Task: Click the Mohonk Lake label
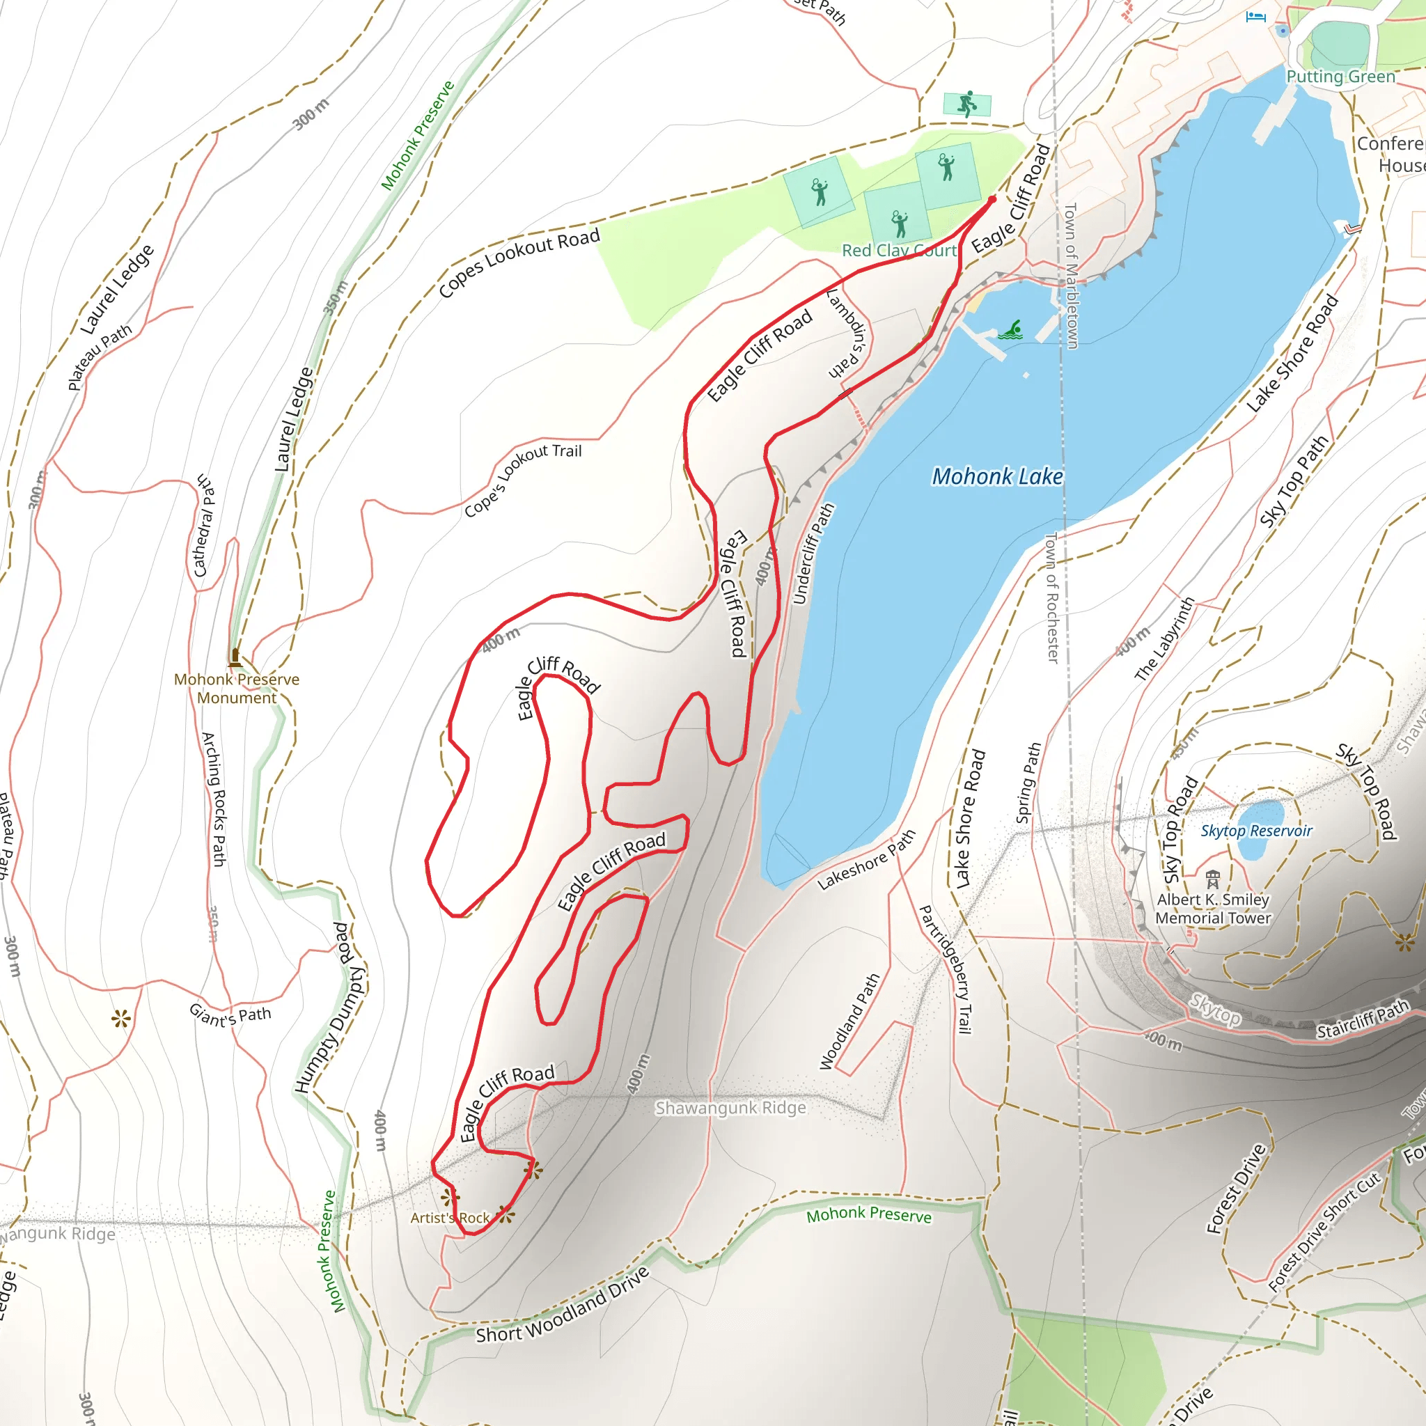point(997,477)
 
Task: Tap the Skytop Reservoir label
point(1256,831)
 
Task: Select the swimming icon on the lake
point(1010,330)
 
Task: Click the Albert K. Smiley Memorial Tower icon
point(1213,879)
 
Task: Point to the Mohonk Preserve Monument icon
point(235,656)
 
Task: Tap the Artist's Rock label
point(450,1218)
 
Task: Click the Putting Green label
point(1340,77)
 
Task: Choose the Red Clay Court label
point(899,251)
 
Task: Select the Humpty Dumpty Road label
point(330,1008)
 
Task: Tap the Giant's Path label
point(230,1016)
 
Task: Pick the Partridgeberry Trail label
point(945,969)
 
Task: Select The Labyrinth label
point(1165,639)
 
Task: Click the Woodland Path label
point(849,1021)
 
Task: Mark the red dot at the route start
point(992,199)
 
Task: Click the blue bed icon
point(1255,16)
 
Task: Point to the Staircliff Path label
point(1363,1019)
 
